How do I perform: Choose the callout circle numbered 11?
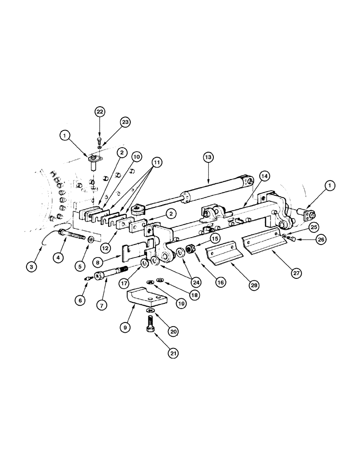pos(158,162)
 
